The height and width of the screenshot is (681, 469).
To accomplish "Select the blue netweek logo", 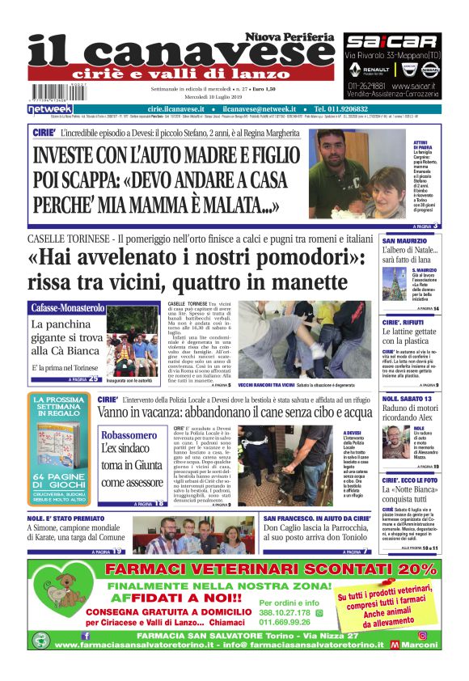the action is click(50, 109).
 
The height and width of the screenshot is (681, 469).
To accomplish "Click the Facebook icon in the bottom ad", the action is click(87, 636).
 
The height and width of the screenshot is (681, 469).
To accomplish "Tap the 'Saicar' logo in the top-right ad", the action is click(391, 40).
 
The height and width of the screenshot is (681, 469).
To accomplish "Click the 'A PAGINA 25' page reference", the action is click(83, 379).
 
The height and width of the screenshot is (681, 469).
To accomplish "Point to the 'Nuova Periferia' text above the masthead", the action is click(290, 36).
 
